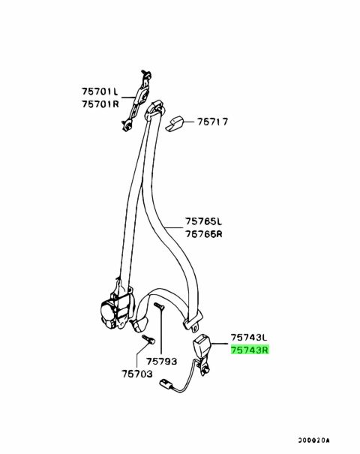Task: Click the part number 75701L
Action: click(x=100, y=92)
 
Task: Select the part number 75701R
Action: click(x=100, y=104)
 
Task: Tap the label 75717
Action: click(x=213, y=122)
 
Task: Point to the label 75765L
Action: click(x=204, y=221)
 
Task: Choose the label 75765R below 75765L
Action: click(x=204, y=233)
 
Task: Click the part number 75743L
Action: click(x=249, y=338)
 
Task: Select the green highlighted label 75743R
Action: click(x=250, y=350)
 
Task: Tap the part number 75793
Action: click(x=161, y=362)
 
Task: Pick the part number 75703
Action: click(x=137, y=374)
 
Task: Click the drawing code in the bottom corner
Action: click(x=314, y=440)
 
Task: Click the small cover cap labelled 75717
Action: click(x=174, y=124)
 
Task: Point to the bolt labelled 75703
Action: click(x=148, y=339)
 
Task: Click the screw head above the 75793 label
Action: click(x=158, y=305)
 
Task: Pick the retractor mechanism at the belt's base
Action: click(x=117, y=308)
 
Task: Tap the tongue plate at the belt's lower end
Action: click(x=193, y=322)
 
